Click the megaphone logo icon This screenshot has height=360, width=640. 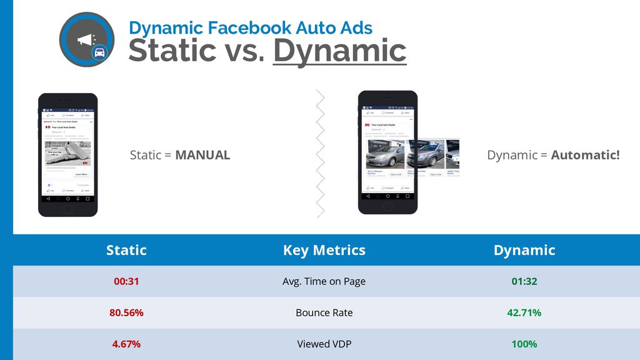(x=86, y=39)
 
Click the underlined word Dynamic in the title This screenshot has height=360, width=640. (x=339, y=51)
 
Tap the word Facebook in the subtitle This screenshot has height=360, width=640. (x=242, y=27)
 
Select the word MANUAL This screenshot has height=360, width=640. (x=202, y=155)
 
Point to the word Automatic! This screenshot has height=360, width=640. (x=585, y=155)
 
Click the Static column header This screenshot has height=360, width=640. (x=126, y=250)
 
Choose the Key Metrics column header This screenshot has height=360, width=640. (x=324, y=250)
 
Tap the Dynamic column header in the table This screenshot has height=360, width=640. (x=524, y=250)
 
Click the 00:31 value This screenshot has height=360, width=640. (x=126, y=281)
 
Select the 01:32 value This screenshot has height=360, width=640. (x=524, y=281)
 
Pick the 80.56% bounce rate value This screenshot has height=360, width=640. (x=126, y=312)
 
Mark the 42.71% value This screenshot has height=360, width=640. (x=524, y=312)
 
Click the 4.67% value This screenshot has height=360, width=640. (x=126, y=344)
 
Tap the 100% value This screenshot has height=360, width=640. (x=524, y=344)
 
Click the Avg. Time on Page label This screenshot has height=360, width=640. (x=324, y=281)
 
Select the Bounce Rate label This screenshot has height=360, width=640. (x=324, y=312)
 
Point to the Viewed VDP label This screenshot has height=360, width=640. (x=324, y=344)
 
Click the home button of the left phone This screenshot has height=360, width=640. (x=67, y=208)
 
